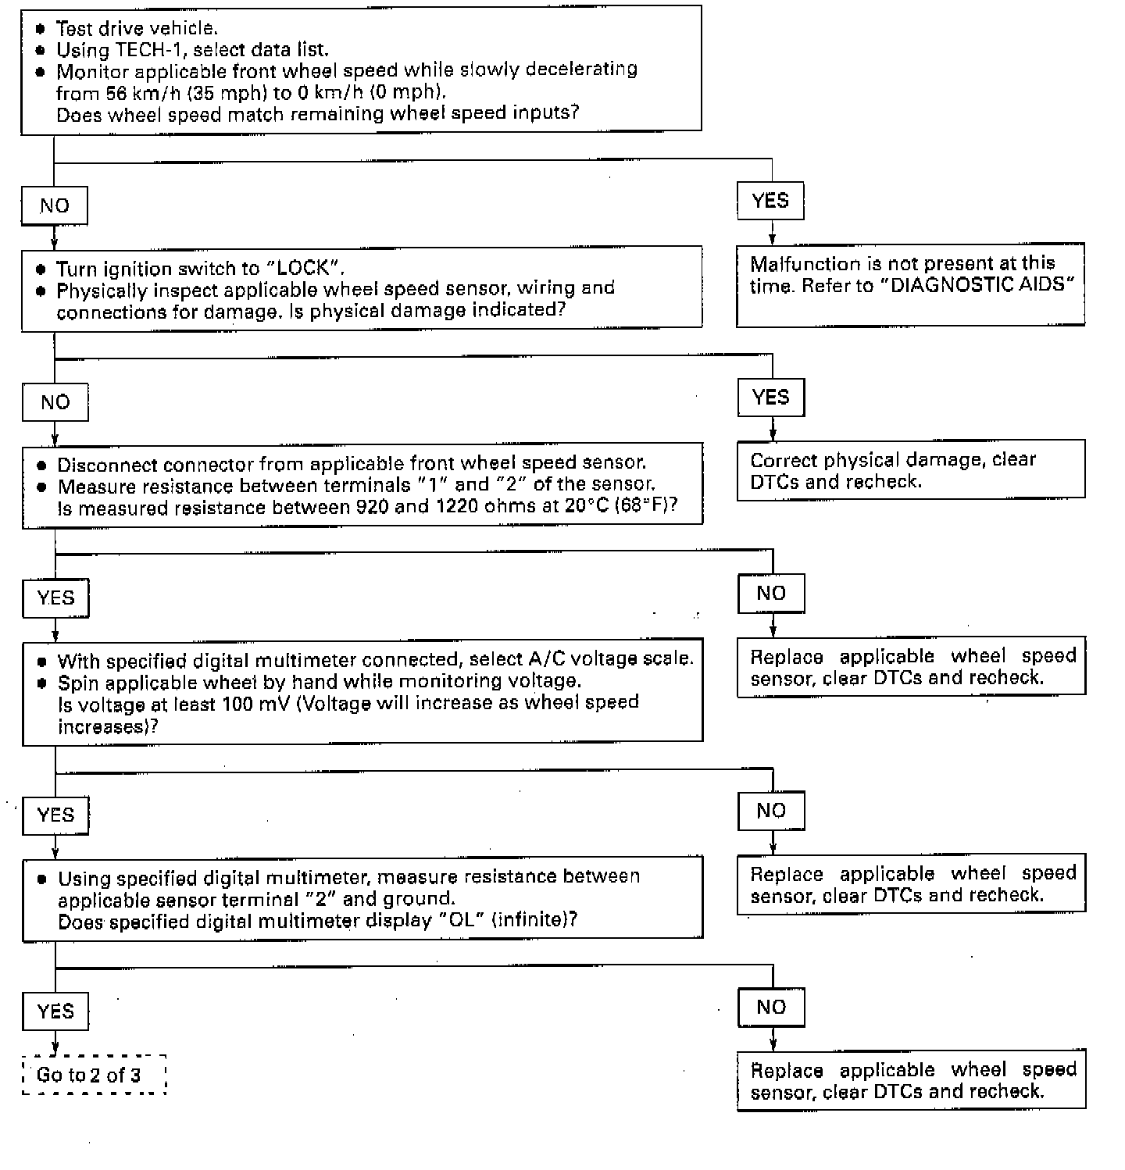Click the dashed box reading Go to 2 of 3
point(94,1075)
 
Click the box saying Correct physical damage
point(910,469)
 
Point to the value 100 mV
point(253,704)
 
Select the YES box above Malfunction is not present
point(770,202)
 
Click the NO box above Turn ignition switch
point(55,206)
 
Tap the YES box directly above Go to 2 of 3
point(55,1011)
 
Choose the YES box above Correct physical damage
point(771,398)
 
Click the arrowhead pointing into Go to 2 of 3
point(55,1048)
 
